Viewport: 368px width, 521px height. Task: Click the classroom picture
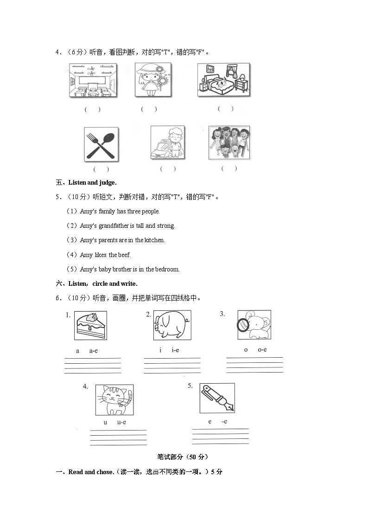(x=93, y=81)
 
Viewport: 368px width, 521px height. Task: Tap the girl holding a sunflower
(x=153, y=80)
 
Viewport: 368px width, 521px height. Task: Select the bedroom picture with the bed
(x=223, y=80)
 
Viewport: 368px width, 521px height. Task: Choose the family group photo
(x=229, y=142)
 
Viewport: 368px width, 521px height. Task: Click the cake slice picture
(x=90, y=325)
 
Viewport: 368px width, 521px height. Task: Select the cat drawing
(x=114, y=399)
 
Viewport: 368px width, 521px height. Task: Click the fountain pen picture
(x=217, y=398)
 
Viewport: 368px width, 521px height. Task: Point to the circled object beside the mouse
(x=243, y=324)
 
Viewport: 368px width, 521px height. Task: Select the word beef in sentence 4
(x=124, y=255)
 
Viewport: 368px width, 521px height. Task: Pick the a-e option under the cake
(x=93, y=351)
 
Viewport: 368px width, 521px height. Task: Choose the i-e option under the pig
(x=175, y=350)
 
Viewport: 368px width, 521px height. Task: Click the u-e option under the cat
(x=121, y=422)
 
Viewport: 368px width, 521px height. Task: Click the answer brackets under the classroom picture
(x=92, y=110)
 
